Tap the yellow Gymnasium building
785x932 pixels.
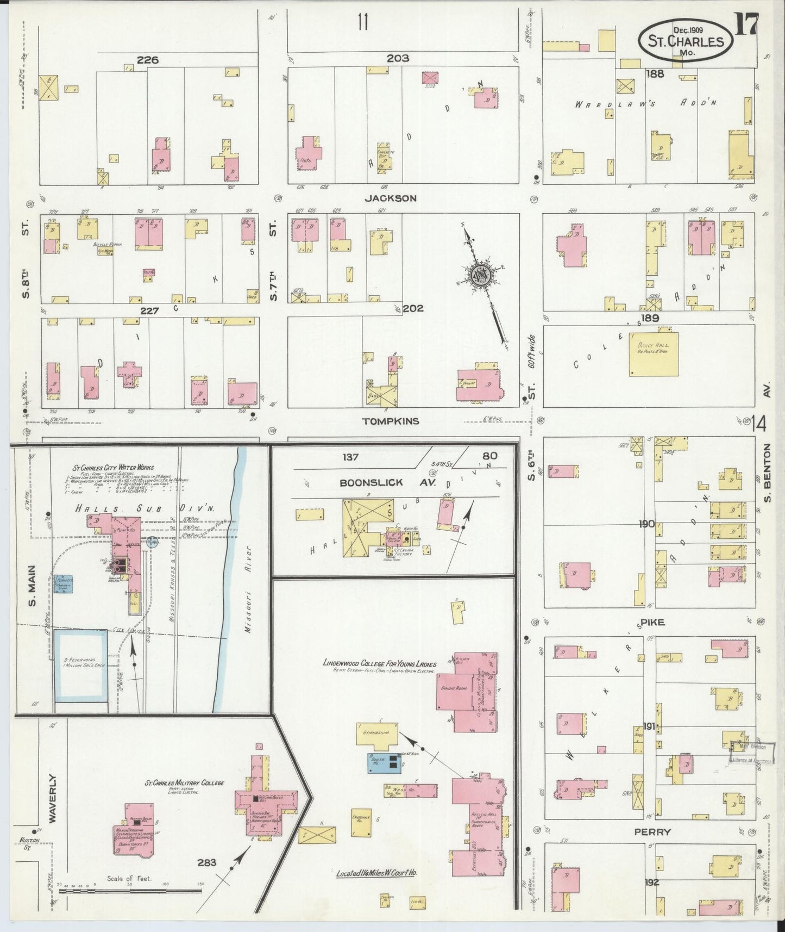[377, 733]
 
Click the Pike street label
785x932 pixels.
[652, 622]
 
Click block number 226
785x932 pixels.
[148, 60]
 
